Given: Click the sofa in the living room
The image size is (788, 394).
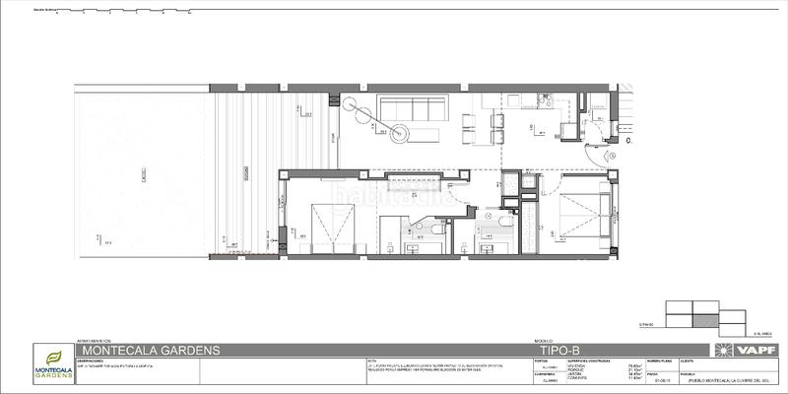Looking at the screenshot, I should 415,107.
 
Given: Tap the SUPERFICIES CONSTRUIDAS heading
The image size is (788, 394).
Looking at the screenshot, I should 580,360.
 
